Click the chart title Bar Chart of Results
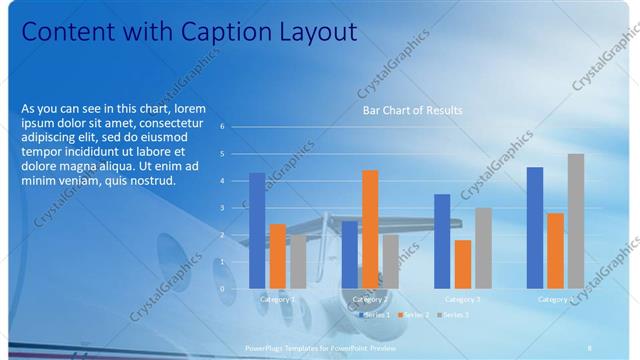click(x=412, y=110)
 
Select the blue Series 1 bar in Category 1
click(x=257, y=230)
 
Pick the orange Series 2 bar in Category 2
click(x=370, y=228)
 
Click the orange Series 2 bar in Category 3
click(x=463, y=264)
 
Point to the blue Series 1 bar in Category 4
click(x=535, y=227)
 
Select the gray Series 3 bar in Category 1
click(x=298, y=261)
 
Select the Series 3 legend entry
click(x=452, y=314)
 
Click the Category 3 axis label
click(x=462, y=299)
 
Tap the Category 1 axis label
click(x=277, y=299)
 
